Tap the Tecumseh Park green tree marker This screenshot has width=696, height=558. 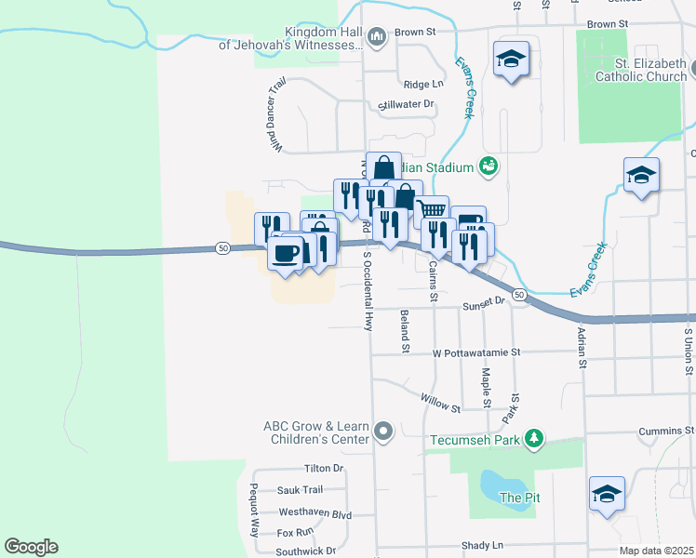point(533,438)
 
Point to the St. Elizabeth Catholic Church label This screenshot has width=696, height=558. point(640,70)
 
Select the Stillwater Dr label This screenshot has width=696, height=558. point(408,104)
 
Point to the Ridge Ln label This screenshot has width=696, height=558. point(424,84)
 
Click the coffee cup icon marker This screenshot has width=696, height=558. point(286,252)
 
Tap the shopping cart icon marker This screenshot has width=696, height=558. point(431,211)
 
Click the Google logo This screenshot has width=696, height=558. point(31,547)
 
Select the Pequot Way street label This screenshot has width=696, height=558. point(253,511)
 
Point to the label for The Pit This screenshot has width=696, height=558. point(519,498)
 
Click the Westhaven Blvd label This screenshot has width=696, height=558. point(315,512)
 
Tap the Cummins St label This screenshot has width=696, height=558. point(666,432)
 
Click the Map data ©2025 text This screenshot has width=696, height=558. point(657,551)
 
